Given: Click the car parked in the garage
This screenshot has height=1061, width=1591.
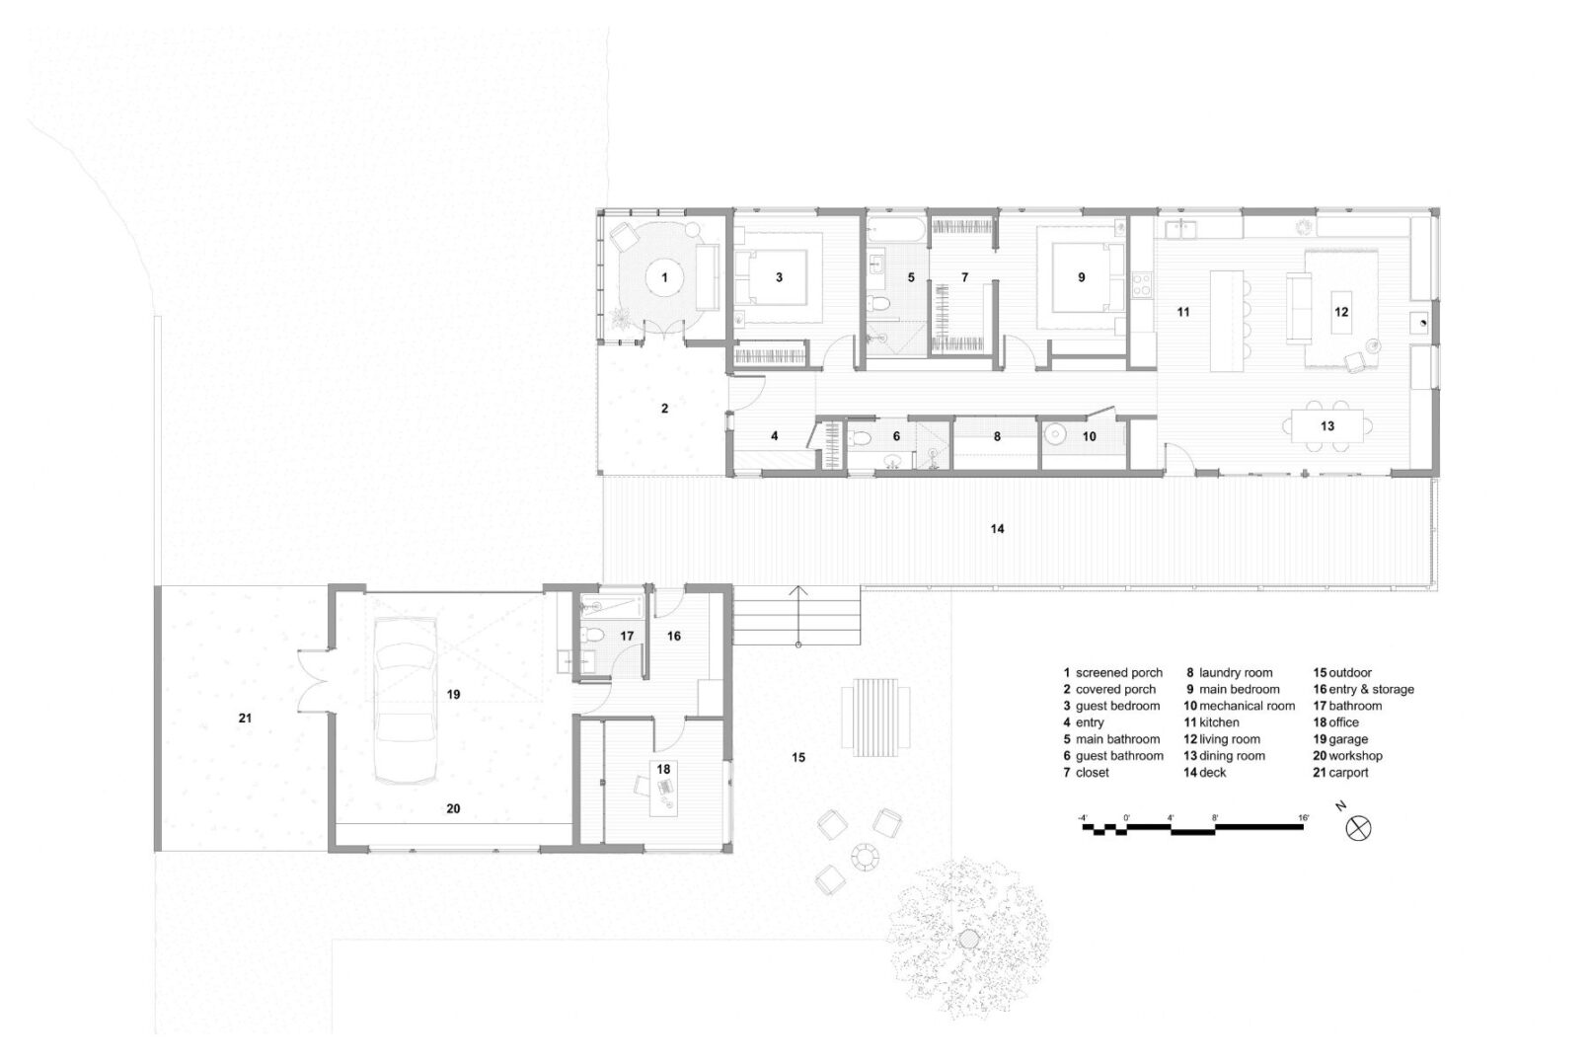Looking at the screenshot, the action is tap(405, 700).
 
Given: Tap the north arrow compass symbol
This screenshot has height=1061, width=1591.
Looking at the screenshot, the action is tap(1358, 829).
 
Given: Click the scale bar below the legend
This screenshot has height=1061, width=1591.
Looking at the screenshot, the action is tap(1193, 828).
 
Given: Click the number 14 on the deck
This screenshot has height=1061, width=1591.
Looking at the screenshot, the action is tap(997, 528).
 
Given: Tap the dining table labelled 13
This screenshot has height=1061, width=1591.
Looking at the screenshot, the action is tap(1327, 426).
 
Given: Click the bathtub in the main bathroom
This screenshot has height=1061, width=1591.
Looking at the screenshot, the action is tap(896, 229).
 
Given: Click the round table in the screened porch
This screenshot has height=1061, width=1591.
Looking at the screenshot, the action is tap(665, 277).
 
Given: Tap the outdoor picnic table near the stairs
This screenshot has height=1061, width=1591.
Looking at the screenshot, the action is tap(875, 718).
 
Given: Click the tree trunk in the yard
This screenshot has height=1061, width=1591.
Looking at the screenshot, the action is tap(967, 940).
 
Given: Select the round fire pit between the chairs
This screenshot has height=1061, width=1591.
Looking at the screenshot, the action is tap(866, 857).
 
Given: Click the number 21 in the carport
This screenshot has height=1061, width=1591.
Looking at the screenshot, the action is tap(245, 718).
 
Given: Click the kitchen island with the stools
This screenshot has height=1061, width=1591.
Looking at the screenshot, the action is tap(1228, 321).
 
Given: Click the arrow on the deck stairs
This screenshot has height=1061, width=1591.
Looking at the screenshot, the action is tap(799, 616).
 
